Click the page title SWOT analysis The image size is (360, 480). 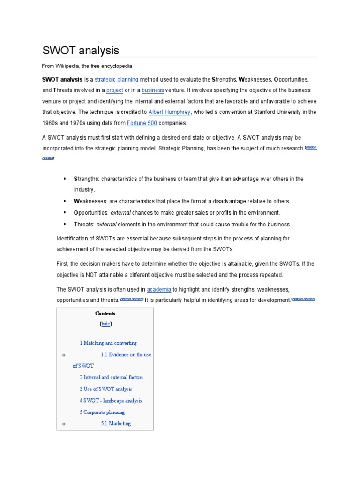[x=81, y=50]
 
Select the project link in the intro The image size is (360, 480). [x=114, y=90]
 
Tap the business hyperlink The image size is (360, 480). [x=153, y=90]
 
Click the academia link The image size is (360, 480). [x=159, y=289]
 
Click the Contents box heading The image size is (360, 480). [x=105, y=314]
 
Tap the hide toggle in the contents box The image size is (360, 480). [x=105, y=324]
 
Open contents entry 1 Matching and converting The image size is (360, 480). [x=108, y=343]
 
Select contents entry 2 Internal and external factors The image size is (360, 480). [x=111, y=377]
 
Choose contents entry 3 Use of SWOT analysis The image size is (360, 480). [x=106, y=389]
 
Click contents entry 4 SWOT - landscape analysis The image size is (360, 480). [x=111, y=401]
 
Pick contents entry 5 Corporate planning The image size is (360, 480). [x=102, y=412]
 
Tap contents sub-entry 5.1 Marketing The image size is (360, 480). [x=116, y=424]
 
